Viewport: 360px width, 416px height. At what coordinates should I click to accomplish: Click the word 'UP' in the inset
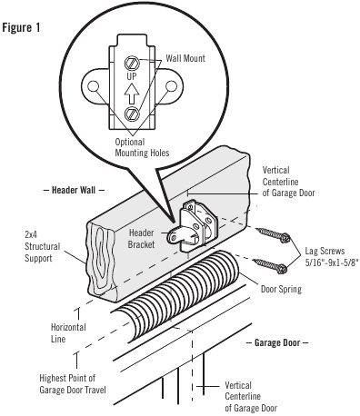(x=132, y=78)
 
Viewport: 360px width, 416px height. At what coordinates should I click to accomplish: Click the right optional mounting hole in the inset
(x=170, y=88)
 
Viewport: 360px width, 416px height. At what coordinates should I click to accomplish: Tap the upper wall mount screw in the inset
(x=132, y=64)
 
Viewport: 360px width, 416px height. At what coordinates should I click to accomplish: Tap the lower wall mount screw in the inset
(x=132, y=114)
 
